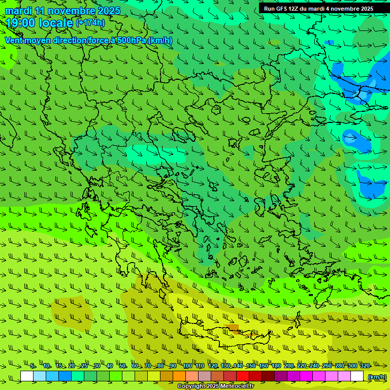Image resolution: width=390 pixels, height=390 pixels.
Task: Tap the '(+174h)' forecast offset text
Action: [x=90, y=23]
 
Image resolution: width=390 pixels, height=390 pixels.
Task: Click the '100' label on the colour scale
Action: [x=187, y=366]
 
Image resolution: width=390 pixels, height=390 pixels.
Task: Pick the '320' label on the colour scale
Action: [x=365, y=366]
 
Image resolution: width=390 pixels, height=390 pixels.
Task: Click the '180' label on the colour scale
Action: [x=276, y=366]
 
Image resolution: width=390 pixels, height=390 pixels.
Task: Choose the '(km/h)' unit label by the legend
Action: [x=377, y=376]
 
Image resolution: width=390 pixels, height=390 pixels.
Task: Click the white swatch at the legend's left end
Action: [x=27, y=376]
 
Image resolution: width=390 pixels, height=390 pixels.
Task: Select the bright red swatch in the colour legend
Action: [x=243, y=376]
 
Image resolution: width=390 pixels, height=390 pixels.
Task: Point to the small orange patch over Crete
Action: [x=233, y=328]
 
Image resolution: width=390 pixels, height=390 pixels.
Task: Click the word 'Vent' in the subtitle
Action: [x=14, y=40]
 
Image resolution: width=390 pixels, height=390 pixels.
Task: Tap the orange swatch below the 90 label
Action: [x=179, y=376]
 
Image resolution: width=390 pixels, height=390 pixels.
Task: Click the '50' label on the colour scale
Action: [x=122, y=366]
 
